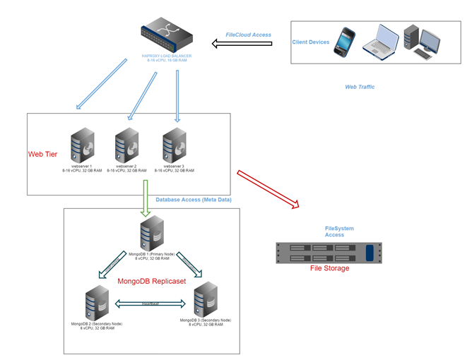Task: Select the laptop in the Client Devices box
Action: pos(382,41)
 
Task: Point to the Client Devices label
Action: pos(311,42)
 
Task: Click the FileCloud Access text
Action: pos(248,35)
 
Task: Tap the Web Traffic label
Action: pos(360,87)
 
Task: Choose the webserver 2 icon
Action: pos(126,145)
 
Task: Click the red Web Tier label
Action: pos(42,154)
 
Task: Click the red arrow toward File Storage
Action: pos(268,188)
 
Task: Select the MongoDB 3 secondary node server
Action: pos(203,299)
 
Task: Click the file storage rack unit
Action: pos(328,252)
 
